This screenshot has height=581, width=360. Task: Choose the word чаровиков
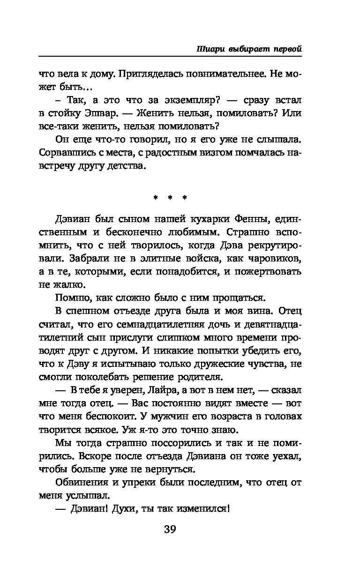[x=276, y=258]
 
